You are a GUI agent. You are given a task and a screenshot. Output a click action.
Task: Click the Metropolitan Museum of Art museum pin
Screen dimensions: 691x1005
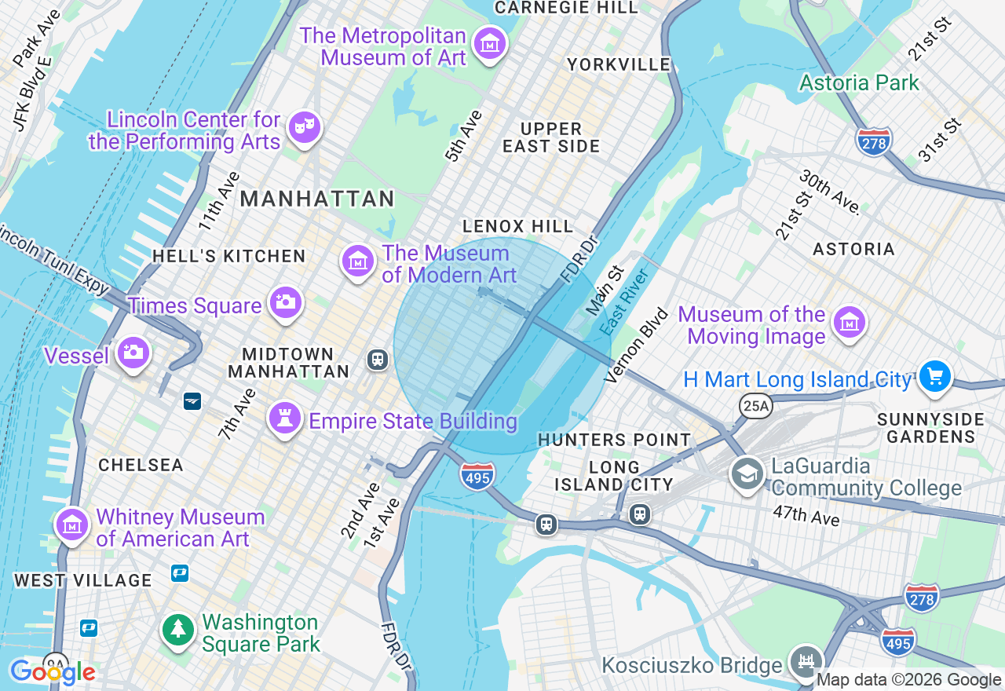point(491,45)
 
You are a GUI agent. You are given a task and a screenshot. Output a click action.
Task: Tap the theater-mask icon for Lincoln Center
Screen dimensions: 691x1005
point(304,127)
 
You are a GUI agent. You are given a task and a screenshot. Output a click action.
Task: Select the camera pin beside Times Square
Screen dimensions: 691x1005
point(285,302)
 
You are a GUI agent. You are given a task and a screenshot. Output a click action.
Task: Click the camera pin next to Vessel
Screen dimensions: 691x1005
point(133,353)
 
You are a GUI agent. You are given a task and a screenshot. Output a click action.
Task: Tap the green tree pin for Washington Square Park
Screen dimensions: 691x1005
point(179,630)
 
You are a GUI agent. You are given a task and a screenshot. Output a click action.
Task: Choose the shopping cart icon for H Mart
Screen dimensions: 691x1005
point(934,376)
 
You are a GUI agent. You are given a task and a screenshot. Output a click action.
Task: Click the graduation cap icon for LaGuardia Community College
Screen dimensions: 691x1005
point(747,473)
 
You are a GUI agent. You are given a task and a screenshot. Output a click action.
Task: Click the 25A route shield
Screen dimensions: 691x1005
point(755,406)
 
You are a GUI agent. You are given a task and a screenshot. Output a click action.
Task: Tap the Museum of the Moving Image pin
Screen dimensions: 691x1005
point(850,323)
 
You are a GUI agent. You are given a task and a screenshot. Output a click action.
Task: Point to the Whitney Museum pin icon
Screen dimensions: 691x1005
point(71,524)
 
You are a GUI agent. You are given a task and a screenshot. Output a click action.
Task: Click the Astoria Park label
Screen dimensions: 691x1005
point(859,82)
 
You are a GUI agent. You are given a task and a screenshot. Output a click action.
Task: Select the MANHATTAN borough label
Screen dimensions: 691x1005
point(317,199)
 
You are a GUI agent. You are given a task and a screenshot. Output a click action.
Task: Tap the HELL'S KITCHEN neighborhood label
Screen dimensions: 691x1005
point(228,256)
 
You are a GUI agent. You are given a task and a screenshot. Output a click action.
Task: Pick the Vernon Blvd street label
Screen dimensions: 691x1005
point(637,345)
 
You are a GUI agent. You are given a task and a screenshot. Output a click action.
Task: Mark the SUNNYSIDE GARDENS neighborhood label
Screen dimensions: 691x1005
point(930,427)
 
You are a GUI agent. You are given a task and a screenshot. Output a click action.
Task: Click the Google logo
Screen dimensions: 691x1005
point(53,672)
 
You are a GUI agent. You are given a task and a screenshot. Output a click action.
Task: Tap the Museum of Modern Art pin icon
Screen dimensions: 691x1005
point(358,261)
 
